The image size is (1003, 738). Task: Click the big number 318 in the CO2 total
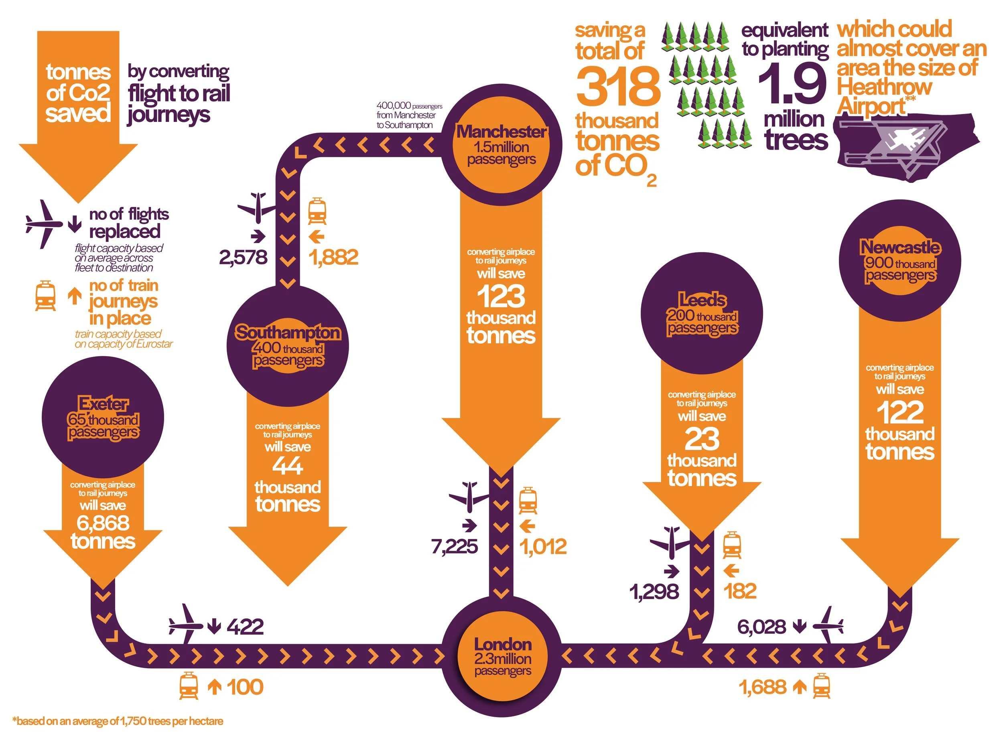click(x=618, y=86)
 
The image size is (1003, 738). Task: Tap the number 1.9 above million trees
click(x=792, y=83)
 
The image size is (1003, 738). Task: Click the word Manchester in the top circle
click(x=501, y=132)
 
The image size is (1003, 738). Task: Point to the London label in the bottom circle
click(x=503, y=644)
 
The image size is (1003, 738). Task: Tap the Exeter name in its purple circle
click(x=103, y=404)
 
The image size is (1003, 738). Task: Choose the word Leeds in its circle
click(x=702, y=300)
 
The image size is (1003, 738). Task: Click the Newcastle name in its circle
click(x=900, y=247)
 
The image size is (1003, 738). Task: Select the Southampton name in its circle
click(x=288, y=333)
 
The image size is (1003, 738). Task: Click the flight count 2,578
click(x=243, y=257)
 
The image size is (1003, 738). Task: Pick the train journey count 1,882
click(x=333, y=257)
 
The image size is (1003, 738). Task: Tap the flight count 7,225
click(x=455, y=546)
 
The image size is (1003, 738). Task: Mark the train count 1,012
click(x=543, y=546)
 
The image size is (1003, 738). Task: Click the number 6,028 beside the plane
click(x=761, y=627)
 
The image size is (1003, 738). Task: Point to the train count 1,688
click(x=762, y=687)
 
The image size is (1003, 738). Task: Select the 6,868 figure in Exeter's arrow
click(x=103, y=523)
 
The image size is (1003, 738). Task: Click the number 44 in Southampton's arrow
click(x=288, y=466)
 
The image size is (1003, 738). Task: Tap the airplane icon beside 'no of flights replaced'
click(x=44, y=224)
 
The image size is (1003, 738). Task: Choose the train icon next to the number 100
click(x=189, y=687)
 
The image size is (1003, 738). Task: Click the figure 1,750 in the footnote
click(x=133, y=722)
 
